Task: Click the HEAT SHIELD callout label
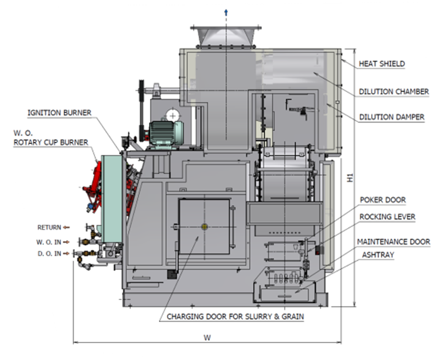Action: tap(382, 64)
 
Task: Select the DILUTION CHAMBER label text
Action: tap(394, 92)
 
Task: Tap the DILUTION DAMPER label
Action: tap(392, 117)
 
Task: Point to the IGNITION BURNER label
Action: tap(59, 112)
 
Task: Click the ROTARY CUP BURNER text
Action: tap(51, 142)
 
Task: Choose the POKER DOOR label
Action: tap(383, 200)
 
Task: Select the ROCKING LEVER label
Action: tap(387, 217)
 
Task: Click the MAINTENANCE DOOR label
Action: tap(394, 242)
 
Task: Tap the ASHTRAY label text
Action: tap(378, 255)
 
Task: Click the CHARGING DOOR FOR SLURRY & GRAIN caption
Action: tap(235, 317)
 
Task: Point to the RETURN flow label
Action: tap(49, 227)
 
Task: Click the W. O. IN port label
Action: tap(49, 242)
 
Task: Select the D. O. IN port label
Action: tap(49, 254)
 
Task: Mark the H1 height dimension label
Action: tap(350, 178)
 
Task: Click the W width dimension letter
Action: tap(207, 337)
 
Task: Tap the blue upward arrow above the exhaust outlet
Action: tap(226, 12)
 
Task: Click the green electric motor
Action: tap(166, 134)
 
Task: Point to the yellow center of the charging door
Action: tap(205, 227)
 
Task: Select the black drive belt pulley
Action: tap(141, 110)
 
